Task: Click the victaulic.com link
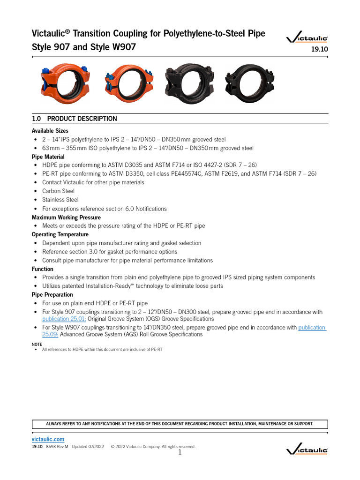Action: pyautogui.click(x=48, y=439)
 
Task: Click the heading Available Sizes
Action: pyautogui.click(x=50, y=131)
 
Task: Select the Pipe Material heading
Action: pyautogui.click(x=48, y=157)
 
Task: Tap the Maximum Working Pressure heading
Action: pyautogui.click(x=66, y=217)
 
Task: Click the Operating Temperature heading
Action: pyautogui.click(x=60, y=234)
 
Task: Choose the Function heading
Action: pyautogui.click(x=43, y=269)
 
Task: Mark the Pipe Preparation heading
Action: pyautogui.click(x=52, y=295)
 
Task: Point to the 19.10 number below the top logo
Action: pyautogui.click(x=319, y=49)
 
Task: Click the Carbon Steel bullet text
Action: pyautogui.click(x=58, y=191)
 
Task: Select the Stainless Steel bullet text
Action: pyautogui.click(x=60, y=200)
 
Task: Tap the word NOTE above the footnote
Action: pyautogui.click(x=37, y=344)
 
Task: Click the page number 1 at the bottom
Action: pyautogui.click(x=180, y=452)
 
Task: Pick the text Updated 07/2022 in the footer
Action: pyautogui.click(x=88, y=447)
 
